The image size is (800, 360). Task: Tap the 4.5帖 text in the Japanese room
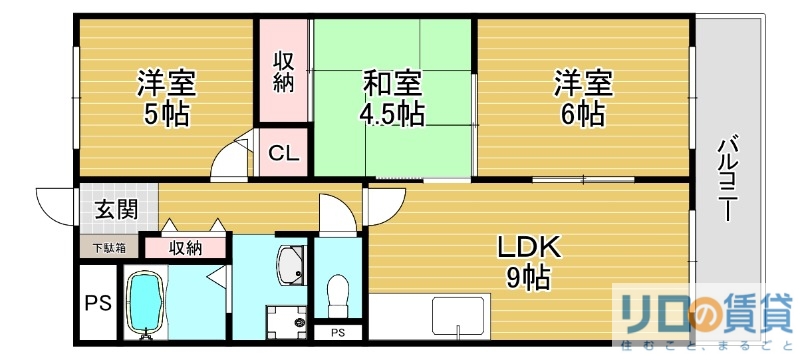click(390, 114)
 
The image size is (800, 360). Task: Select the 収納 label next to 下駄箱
click(185, 247)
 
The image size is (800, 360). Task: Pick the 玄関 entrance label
click(117, 210)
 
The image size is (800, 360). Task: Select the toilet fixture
click(338, 294)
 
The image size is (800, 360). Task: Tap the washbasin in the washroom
click(293, 266)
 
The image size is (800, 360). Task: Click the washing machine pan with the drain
click(289, 323)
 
